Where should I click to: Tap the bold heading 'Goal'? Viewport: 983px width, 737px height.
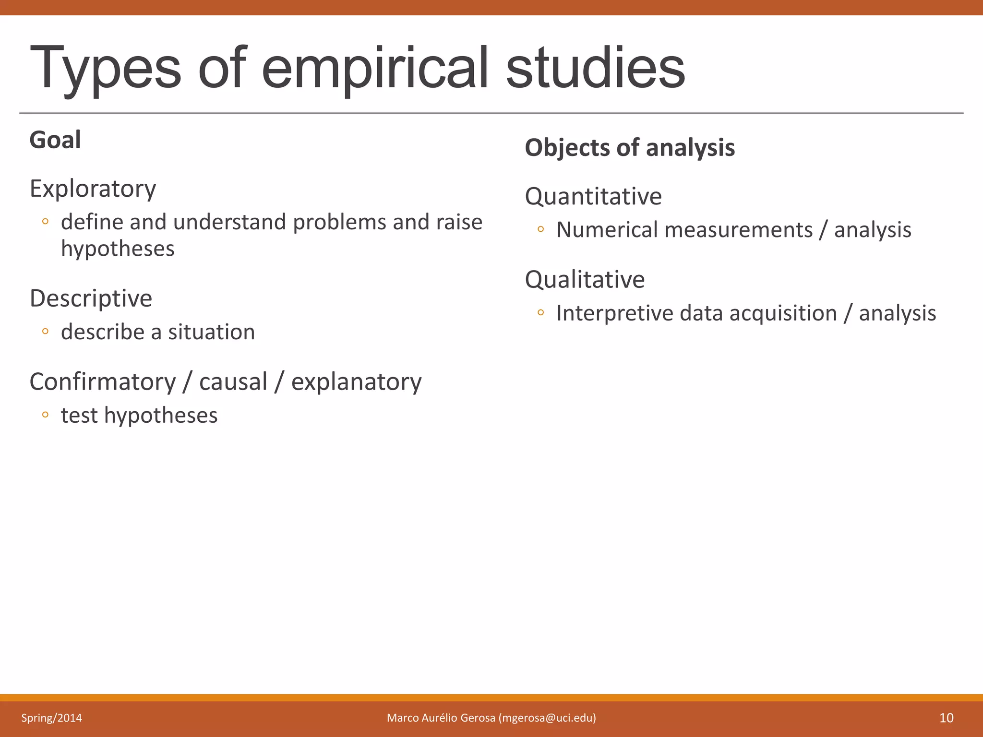click(x=55, y=140)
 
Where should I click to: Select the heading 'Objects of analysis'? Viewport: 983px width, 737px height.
click(x=630, y=148)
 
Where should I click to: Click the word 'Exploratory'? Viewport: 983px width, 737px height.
click(x=93, y=189)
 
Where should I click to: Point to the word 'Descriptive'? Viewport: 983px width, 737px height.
click(x=91, y=298)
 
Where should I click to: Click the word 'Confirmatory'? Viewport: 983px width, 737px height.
click(x=103, y=382)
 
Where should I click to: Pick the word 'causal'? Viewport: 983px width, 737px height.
click(x=233, y=382)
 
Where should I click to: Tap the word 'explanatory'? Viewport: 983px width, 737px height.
click(x=356, y=382)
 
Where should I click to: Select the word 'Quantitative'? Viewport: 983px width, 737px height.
click(x=593, y=196)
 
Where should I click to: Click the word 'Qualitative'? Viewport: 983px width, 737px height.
click(x=585, y=279)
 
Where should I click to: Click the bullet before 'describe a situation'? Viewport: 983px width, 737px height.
click(x=45, y=331)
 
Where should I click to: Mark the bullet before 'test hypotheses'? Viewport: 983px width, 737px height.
click(x=45, y=415)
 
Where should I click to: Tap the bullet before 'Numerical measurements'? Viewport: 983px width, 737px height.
click(x=541, y=229)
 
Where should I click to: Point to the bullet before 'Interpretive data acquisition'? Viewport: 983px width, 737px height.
click(x=541, y=313)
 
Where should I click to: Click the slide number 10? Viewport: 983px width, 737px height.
click(x=946, y=718)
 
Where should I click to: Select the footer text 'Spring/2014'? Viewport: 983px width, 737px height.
click(x=51, y=718)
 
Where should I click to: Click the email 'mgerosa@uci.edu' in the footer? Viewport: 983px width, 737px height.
click(x=547, y=718)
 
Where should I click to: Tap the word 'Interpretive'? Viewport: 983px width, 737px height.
click(x=615, y=313)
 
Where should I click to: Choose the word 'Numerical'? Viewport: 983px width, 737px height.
click(x=607, y=230)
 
